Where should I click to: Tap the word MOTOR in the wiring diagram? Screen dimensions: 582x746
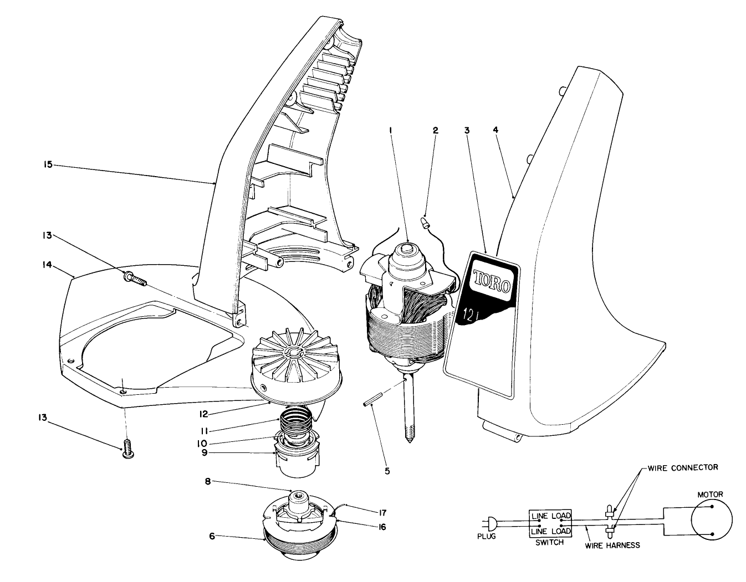pyautogui.click(x=711, y=494)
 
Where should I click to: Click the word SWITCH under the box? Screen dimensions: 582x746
pyautogui.click(x=549, y=542)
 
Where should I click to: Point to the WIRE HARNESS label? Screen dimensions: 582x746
pyautogui.click(x=612, y=545)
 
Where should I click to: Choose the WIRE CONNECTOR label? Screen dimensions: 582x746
pyautogui.click(x=682, y=467)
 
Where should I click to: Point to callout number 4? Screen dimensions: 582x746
pyautogui.click(x=495, y=131)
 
